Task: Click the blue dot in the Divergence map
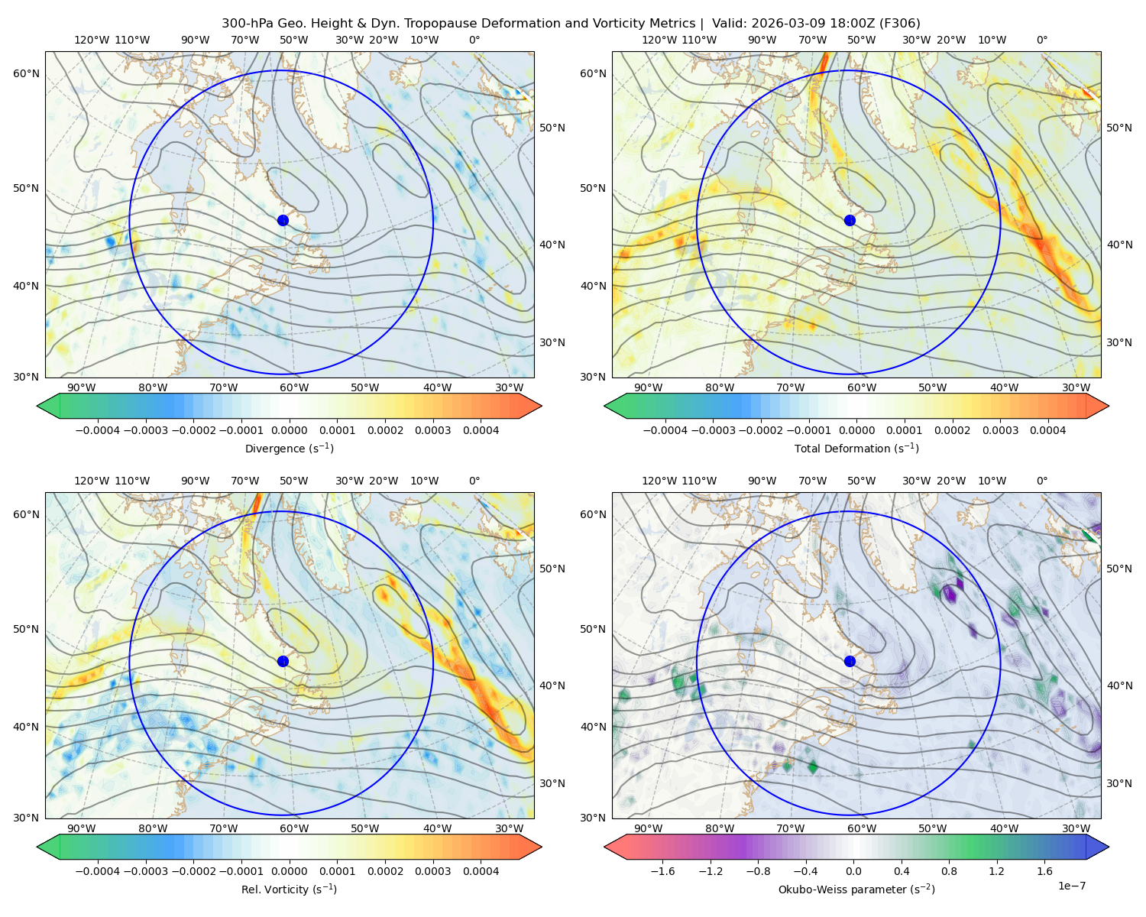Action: (283, 220)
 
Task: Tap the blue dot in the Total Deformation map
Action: (850, 220)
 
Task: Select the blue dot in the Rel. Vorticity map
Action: (283, 661)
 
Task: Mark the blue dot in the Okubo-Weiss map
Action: (850, 661)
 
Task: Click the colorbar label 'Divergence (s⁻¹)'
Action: (289, 448)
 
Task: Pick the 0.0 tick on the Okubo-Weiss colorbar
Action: (853, 871)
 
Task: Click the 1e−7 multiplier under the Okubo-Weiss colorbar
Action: (1071, 886)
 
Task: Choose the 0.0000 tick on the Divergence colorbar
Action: (289, 430)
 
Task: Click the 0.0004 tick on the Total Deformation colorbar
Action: (1047, 430)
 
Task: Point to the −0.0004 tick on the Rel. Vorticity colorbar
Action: (98, 871)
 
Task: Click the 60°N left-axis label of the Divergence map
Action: (26, 73)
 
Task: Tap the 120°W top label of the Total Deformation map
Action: (659, 40)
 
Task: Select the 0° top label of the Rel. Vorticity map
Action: (474, 481)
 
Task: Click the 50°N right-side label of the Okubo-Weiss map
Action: (1118, 569)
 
